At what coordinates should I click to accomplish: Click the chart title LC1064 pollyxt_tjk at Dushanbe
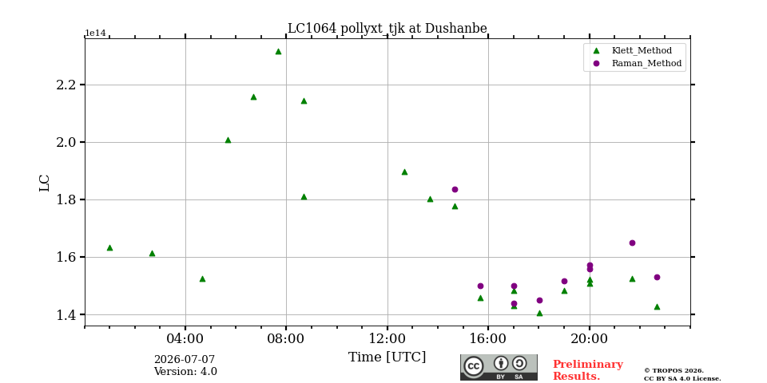pos(387,29)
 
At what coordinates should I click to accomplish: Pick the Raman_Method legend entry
pos(637,63)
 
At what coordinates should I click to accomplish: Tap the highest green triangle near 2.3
pos(278,51)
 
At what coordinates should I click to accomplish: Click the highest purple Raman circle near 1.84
pos(455,190)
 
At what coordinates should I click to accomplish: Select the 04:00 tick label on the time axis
pos(185,338)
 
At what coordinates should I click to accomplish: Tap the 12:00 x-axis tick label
pos(387,338)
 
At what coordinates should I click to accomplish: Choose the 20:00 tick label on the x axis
pos(590,338)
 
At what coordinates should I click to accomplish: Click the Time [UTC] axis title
pos(387,357)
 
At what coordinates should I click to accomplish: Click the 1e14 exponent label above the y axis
pos(96,33)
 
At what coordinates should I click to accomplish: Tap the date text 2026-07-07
pos(185,360)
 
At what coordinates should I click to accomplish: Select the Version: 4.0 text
pos(185,372)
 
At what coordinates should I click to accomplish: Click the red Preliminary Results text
pos(587,370)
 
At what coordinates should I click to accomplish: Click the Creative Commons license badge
pos(499,367)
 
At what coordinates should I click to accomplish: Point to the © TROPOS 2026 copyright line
pos(674,371)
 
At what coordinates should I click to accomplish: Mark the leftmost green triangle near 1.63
pos(109,247)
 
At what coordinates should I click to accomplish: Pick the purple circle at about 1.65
pos(632,243)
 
